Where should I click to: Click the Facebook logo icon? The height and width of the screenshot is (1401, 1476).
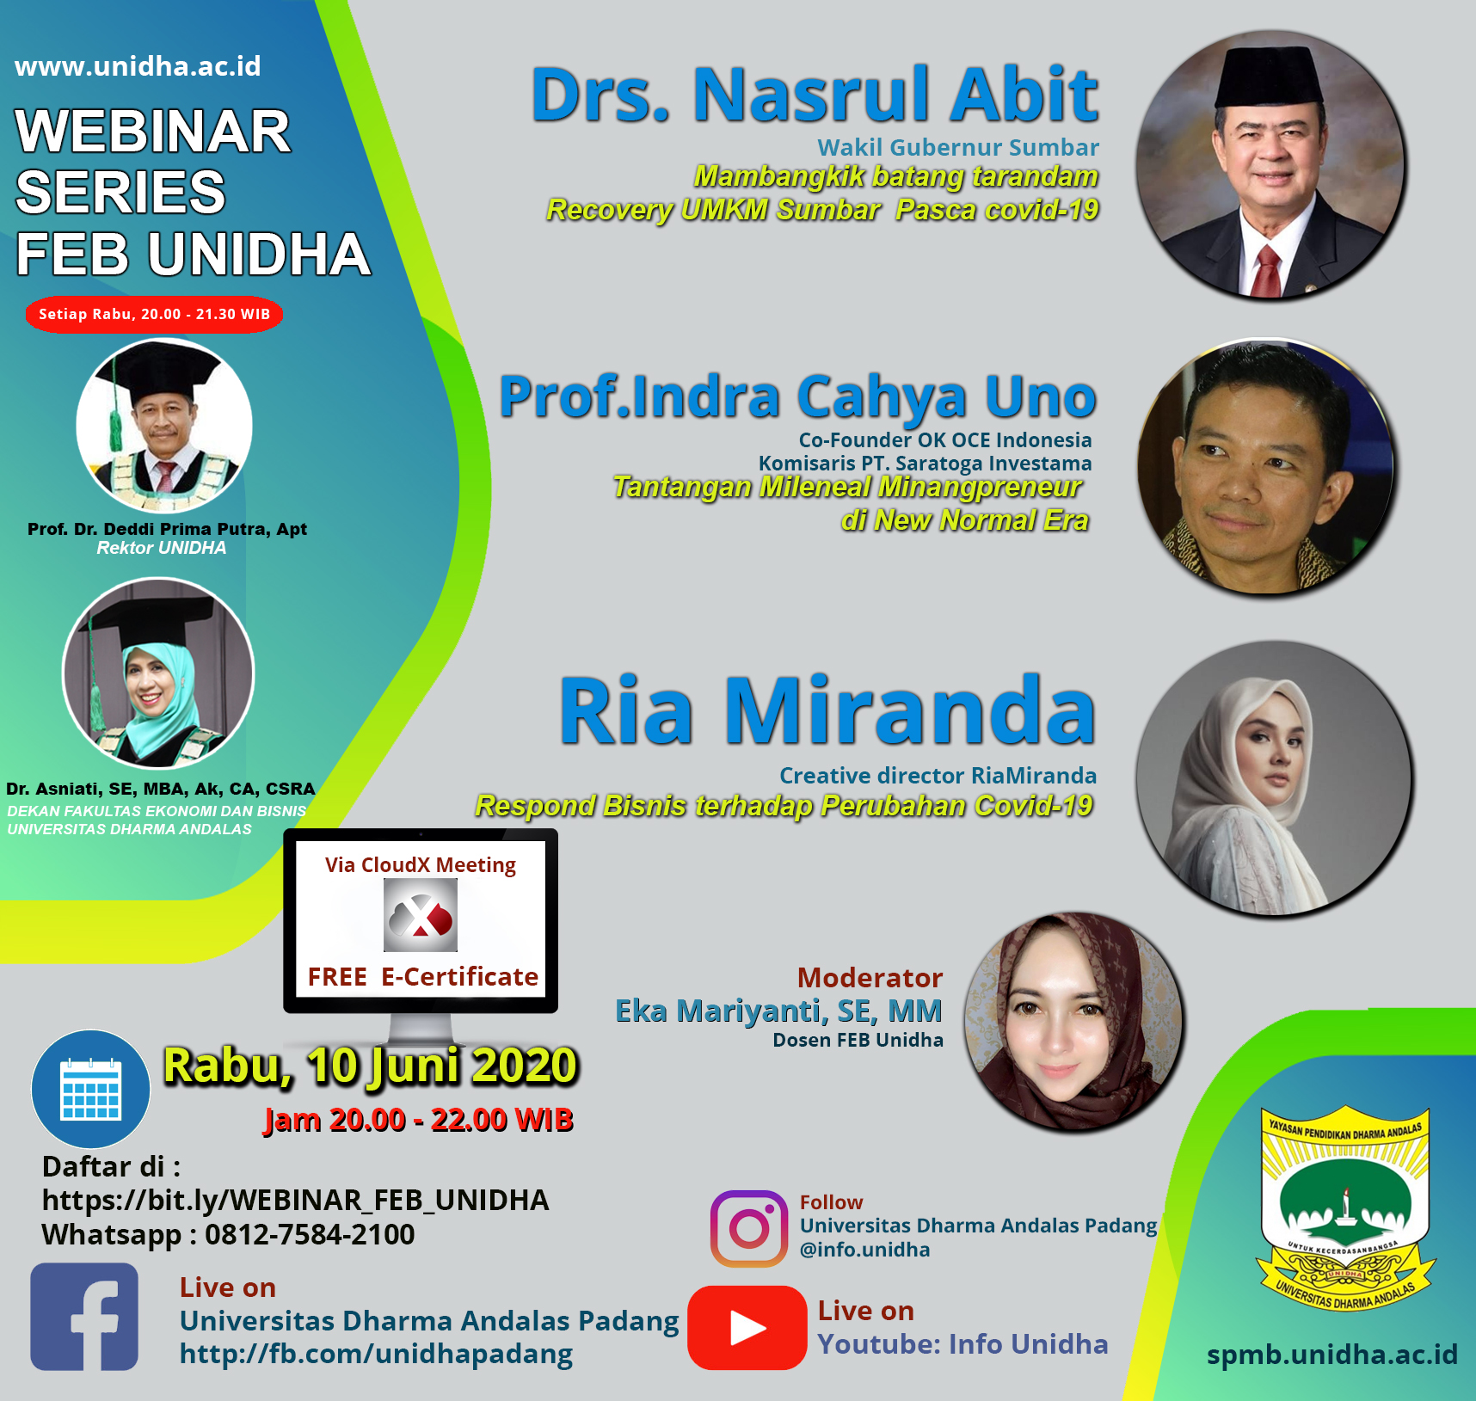[84, 1316]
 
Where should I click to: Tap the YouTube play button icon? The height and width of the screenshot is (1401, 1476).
[747, 1327]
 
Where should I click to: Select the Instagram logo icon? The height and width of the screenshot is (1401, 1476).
[749, 1228]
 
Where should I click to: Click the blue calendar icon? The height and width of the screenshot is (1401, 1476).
[91, 1089]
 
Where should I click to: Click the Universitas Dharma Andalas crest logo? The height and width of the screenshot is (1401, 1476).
[1345, 1209]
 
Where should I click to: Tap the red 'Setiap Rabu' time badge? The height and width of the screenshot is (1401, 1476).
[155, 314]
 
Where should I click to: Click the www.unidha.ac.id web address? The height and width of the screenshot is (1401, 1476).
[138, 66]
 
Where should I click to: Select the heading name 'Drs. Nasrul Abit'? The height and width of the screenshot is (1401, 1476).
[815, 95]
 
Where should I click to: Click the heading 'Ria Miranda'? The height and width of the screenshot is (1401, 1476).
[827, 710]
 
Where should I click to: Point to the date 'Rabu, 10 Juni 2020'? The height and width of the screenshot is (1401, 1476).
[371, 1067]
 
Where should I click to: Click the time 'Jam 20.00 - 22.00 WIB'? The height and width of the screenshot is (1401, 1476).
[419, 1120]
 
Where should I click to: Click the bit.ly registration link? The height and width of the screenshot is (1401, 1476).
[295, 1201]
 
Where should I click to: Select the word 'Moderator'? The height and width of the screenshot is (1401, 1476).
[870, 978]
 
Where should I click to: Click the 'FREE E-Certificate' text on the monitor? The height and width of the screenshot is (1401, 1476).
[422, 977]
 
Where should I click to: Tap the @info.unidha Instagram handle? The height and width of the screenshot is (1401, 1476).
[864, 1250]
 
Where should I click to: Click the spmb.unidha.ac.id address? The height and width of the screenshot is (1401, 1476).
[1332, 1355]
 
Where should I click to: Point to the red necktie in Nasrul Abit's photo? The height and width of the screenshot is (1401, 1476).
[1268, 270]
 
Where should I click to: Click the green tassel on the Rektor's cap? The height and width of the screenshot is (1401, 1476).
[114, 417]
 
